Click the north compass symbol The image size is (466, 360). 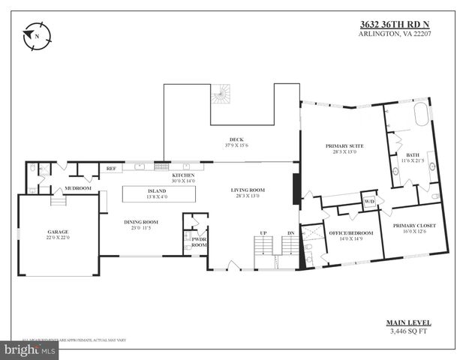pos(35,37)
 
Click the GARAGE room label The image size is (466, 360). pos(58,232)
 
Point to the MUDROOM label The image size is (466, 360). pos(77,187)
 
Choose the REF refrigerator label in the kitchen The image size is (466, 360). pos(110,169)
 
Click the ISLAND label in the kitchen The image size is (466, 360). pos(156,191)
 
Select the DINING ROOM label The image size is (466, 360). pos(140,221)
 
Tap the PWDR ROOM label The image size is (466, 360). pos(199,241)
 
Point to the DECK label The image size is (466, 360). pos(236,139)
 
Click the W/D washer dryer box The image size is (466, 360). pos(369,202)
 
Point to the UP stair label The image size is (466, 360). pos(263,233)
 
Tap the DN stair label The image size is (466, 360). pos(291,233)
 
